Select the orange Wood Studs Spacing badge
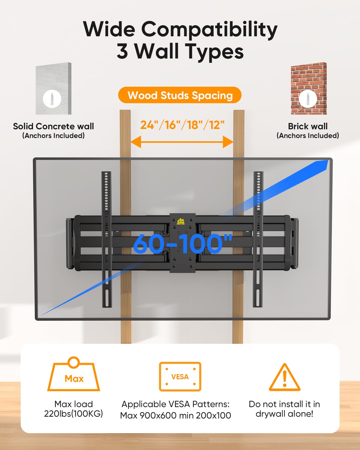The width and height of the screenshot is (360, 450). click(180, 95)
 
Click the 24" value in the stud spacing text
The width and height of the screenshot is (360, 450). click(148, 125)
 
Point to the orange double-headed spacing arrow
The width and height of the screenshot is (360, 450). click(182, 142)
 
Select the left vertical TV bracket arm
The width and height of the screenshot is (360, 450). click(106, 239)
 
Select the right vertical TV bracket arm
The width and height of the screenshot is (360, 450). click(258, 239)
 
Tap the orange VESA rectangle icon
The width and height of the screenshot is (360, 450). click(180, 376)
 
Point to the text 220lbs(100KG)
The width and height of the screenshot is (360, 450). click(73, 414)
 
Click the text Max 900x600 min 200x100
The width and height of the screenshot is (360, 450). click(175, 415)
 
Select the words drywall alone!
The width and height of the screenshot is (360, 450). click(284, 414)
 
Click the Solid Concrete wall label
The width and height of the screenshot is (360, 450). click(53, 126)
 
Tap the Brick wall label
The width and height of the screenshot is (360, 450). click(308, 126)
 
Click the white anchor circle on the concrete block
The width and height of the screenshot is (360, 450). click(52, 98)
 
